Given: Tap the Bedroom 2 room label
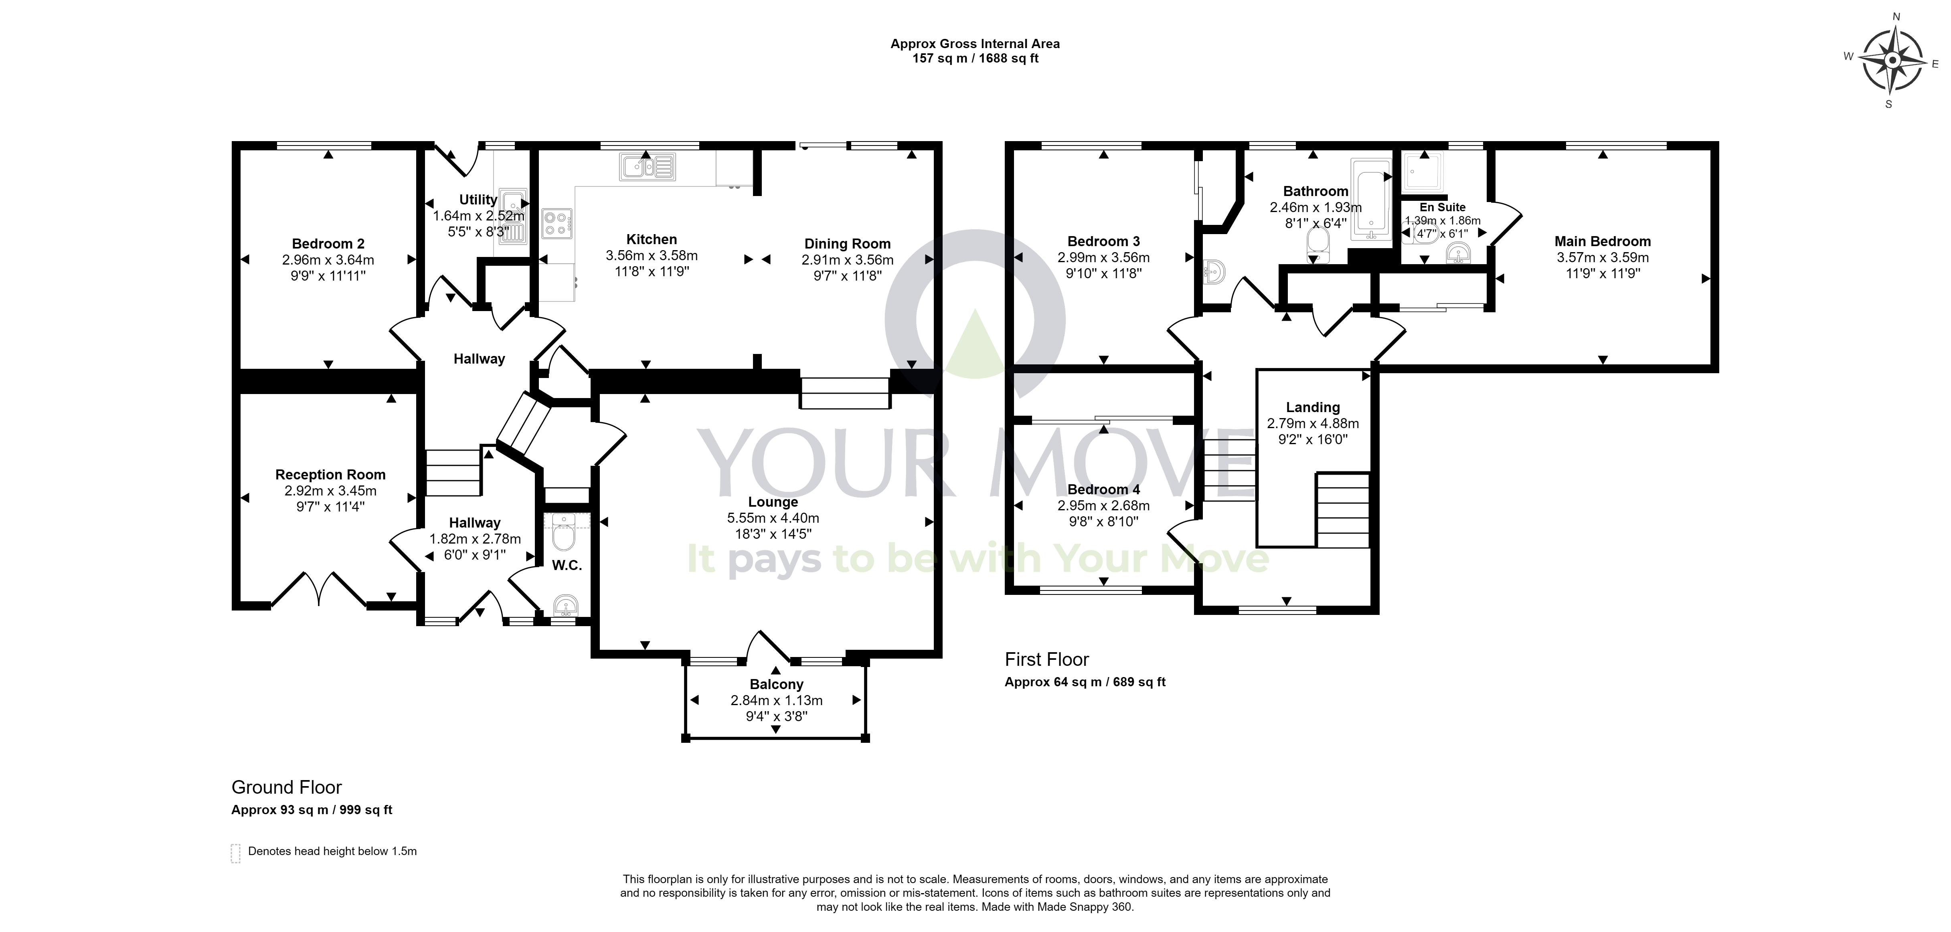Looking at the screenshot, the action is [328, 244].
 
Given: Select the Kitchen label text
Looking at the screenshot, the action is [652, 239].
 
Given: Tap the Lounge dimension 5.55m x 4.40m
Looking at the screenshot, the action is [773, 518].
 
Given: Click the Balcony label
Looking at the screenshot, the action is [776, 684].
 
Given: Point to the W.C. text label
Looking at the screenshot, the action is [567, 566].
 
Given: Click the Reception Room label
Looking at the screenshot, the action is [330, 475].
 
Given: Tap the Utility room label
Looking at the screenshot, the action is [478, 200].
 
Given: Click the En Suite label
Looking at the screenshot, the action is [1442, 208].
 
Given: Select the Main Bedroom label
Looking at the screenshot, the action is [1603, 241].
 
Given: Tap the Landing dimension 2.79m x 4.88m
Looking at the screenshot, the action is [1313, 423].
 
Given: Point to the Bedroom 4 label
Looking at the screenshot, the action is [1103, 490].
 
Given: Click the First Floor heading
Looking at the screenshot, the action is [1047, 659].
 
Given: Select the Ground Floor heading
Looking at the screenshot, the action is [286, 787].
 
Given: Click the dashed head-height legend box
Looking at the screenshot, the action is [235, 853].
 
